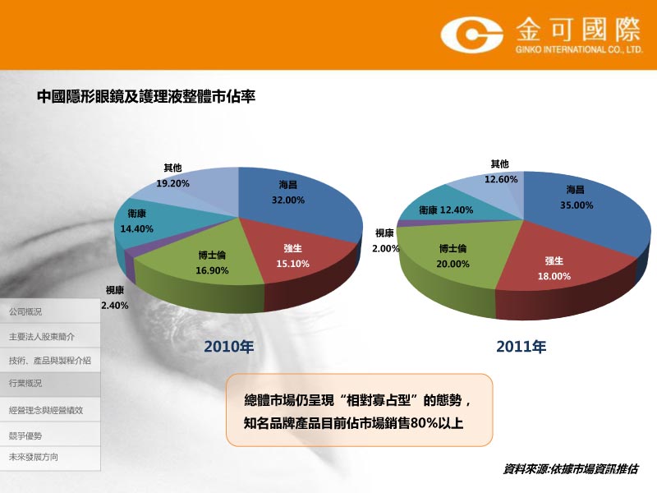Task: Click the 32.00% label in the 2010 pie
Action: click(288, 200)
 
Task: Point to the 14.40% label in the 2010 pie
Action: click(136, 229)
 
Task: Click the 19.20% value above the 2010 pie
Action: click(172, 183)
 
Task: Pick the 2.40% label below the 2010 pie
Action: click(115, 306)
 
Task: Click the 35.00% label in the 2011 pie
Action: click(577, 205)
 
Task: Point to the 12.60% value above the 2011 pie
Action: click(501, 179)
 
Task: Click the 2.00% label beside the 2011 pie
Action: click(386, 249)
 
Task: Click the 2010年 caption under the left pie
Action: click(229, 347)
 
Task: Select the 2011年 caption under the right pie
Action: click(521, 347)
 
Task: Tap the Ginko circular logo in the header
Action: click(471, 35)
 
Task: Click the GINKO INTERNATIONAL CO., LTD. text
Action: click(579, 49)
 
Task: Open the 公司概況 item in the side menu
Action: click(25, 312)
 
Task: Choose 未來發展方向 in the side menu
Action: click(34, 457)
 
